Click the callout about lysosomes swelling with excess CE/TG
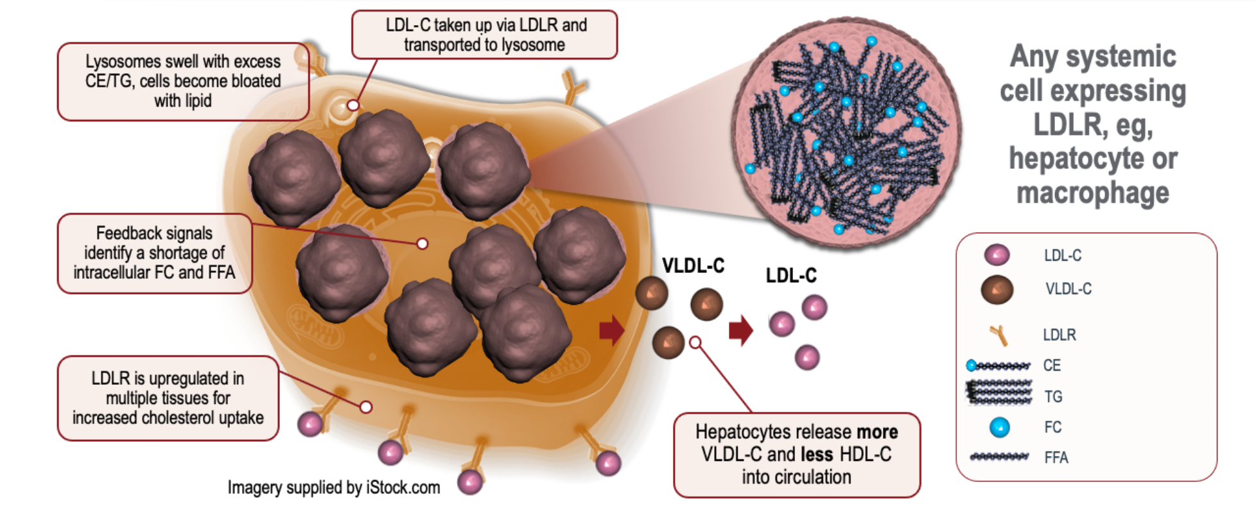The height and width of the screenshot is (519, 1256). click(x=183, y=82)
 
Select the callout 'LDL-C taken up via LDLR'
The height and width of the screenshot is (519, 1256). click(x=485, y=35)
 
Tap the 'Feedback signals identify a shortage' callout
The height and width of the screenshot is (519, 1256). click(x=154, y=253)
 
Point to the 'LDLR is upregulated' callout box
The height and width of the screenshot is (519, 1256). click(x=168, y=398)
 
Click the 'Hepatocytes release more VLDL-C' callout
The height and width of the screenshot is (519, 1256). click(x=796, y=455)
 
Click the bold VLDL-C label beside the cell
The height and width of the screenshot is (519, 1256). click(x=693, y=266)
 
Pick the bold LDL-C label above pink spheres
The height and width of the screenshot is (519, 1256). click(x=791, y=276)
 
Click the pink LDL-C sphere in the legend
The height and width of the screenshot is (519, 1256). click(x=997, y=255)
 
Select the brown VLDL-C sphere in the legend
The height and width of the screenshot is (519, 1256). click(x=997, y=290)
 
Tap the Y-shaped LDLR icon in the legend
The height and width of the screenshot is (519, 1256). click(x=999, y=335)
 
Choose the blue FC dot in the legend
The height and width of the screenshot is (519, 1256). click(x=999, y=427)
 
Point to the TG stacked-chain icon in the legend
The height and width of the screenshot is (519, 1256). click(x=999, y=392)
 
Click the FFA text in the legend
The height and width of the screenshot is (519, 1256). click(x=1056, y=458)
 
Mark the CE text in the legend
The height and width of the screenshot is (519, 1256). click(x=1052, y=365)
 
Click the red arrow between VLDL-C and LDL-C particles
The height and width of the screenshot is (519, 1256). click(x=740, y=331)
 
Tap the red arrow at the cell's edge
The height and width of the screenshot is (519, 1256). click(x=611, y=331)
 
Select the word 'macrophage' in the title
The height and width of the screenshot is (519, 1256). click(x=1092, y=193)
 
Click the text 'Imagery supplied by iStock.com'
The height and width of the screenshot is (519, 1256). click(x=334, y=488)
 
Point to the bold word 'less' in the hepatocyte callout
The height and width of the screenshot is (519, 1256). click(x=817, y=455)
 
